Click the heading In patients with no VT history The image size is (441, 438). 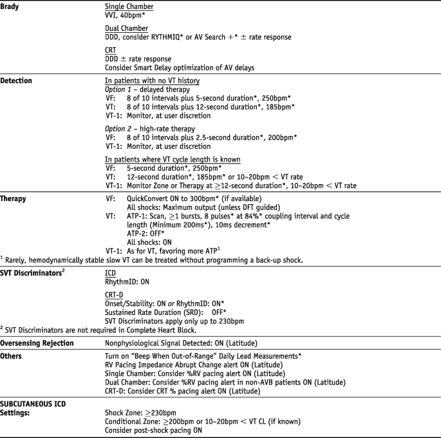click(x=162, y=81)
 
